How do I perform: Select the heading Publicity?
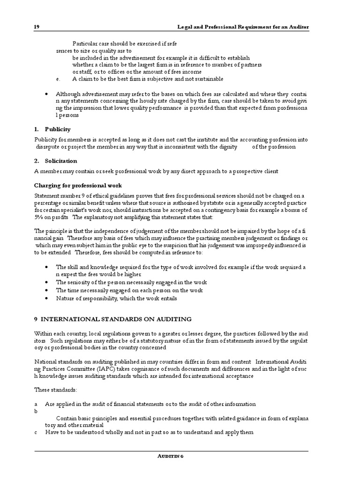(x=58, y=129)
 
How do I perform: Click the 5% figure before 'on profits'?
(x=39, y=217)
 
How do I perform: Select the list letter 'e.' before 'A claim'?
(x=57, y=79)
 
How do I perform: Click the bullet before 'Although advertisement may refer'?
(x=46, y=93)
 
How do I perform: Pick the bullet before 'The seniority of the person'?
(x=46, y=283)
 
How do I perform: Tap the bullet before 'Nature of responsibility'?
(x=46, y=298)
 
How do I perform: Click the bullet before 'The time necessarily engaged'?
(x=46, y=291)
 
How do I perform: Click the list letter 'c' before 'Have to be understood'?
(x=36, y=432)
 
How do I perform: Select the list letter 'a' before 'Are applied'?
(x=36, y=404)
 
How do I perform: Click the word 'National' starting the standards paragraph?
(x=46, y=362)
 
